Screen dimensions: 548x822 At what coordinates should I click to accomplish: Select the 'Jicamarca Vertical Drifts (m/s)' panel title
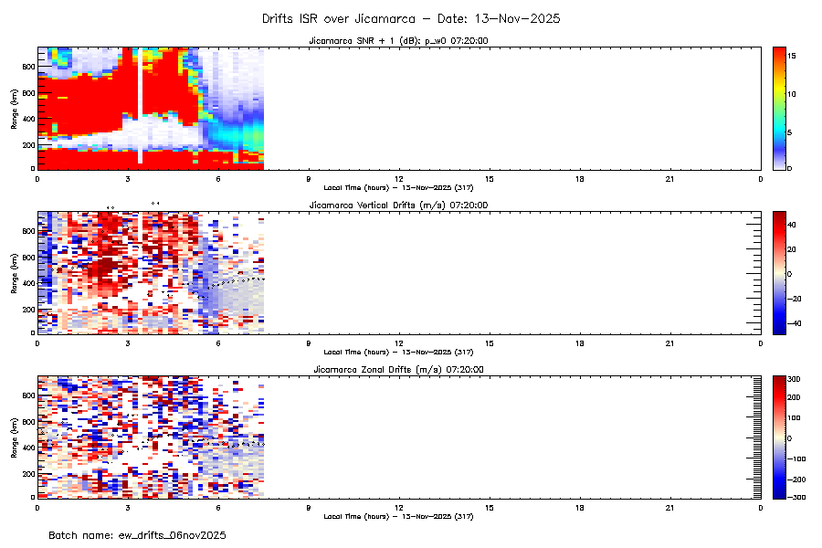pos(398,205)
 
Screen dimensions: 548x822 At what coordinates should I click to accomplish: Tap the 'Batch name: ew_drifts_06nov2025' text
pos(137,534)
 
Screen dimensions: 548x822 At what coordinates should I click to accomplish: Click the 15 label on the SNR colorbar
pos(794,57)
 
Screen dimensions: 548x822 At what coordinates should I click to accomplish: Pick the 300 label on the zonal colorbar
pos(796,379)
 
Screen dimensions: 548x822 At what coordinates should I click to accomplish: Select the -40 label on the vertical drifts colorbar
pos(795,322)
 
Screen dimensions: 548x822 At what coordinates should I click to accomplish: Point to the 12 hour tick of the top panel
pos(399,177)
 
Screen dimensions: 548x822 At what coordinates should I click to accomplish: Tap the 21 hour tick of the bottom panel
pos(670,506)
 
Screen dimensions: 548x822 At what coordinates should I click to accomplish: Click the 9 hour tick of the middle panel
pos(309,342)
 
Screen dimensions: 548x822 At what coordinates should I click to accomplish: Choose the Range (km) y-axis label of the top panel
pos(14,108)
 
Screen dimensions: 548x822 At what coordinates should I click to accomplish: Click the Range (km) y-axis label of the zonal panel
pos(14,437)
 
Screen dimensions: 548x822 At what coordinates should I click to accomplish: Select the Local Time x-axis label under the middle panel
pos(398,352)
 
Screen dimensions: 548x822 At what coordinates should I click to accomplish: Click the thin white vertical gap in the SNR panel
pos(140,105)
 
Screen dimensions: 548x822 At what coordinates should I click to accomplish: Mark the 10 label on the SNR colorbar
pos(794,94)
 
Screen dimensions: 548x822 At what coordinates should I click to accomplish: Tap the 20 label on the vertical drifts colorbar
pos(795,248)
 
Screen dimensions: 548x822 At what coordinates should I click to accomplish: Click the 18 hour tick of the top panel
pos(580,177)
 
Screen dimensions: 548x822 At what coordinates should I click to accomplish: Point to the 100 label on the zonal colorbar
pos(796,417)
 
